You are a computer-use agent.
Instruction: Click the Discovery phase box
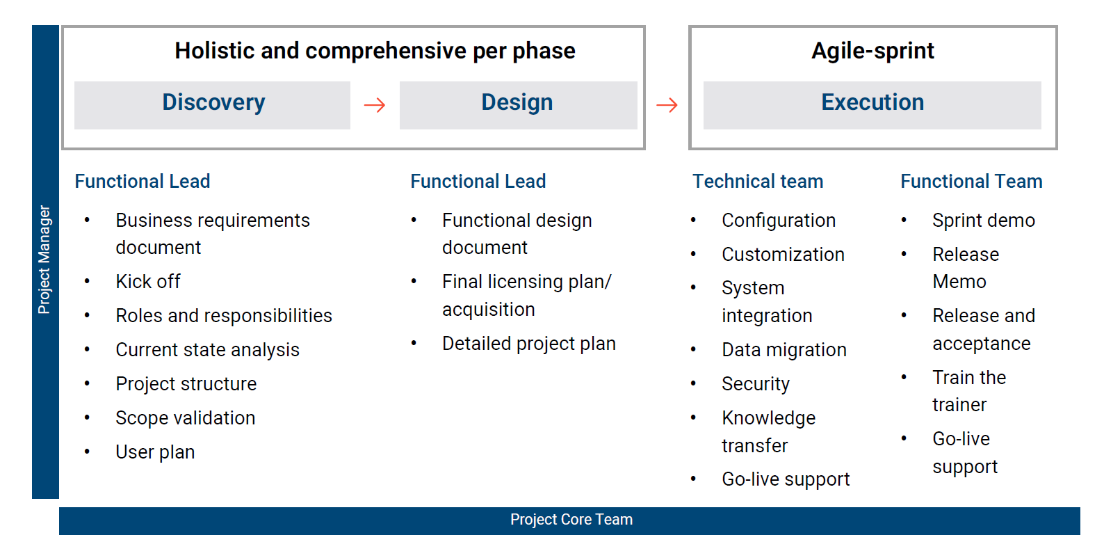[x=213, y=104]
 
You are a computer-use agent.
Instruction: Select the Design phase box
[x=518, y=104]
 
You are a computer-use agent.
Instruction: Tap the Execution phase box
[x=872, y=104]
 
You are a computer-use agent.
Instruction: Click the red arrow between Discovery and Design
[x=375, y=105]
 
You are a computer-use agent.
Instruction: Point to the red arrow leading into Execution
[x=667, y=105]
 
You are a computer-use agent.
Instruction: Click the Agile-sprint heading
[x=872, y=51]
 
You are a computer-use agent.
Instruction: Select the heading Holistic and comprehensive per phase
[x=375, y=51]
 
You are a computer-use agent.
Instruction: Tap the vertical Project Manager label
[x=44, y=260]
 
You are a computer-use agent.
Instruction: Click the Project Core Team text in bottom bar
[x=571, y=520]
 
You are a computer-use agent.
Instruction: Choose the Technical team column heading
[x=758, y=182]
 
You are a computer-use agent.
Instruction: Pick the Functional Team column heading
[x=971, y=182]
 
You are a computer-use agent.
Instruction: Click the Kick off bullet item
[x=148, y=282]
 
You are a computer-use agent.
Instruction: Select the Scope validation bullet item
[x=186, y=418]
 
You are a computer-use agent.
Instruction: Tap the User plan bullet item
[x=155, y=452]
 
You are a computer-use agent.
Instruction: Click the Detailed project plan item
[x=529, y=344]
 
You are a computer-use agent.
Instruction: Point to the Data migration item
[x=784, y=350]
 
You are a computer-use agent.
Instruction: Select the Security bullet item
[x=756, y=384]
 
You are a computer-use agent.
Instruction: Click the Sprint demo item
[x=984, y=221]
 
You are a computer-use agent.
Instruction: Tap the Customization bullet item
[x=783, y=255]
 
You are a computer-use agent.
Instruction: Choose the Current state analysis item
[x=207, y=350]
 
